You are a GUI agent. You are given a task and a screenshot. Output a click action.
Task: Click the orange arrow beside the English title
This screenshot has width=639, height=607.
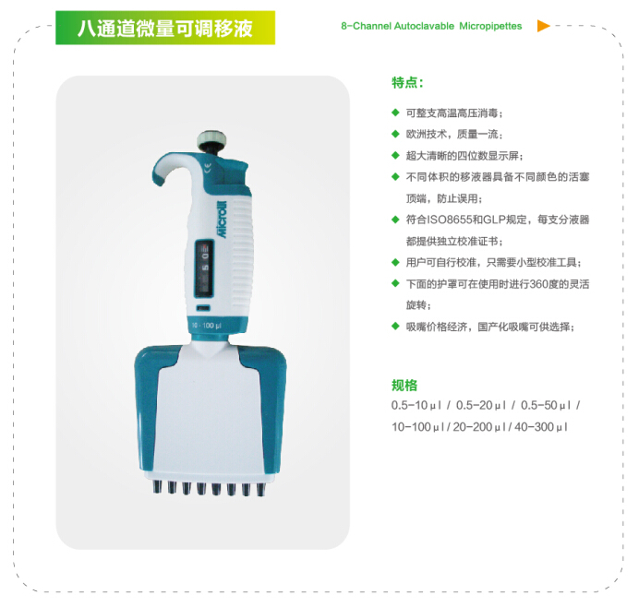click(543, 26)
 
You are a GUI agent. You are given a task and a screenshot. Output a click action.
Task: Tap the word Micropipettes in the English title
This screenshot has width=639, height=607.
click(490, 26)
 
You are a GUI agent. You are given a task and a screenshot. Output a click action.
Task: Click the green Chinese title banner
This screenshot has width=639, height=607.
click(165, 28)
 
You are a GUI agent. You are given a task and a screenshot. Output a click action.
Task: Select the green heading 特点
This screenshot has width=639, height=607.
click(407, 83)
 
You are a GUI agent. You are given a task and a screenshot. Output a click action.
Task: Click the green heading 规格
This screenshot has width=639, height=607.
click(404, 385)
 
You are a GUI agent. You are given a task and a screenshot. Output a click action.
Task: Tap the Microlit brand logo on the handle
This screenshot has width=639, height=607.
click(222, 219)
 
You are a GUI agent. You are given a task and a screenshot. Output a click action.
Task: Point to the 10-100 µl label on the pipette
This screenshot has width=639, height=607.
click(206, 326)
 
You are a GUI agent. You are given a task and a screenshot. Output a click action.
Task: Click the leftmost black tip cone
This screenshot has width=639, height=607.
click(157, 487)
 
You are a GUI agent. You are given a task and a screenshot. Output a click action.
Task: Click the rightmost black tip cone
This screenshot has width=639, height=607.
click(260, 490)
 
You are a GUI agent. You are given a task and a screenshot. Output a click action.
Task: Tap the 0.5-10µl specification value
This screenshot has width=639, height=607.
click(416, 406)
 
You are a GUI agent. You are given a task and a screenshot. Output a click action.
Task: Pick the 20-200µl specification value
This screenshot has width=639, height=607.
click(479, 427)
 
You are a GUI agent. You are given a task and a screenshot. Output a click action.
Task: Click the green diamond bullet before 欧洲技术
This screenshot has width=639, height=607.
click(395, 134)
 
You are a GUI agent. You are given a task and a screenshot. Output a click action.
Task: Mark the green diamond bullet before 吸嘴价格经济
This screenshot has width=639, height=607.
click(395, 326)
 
